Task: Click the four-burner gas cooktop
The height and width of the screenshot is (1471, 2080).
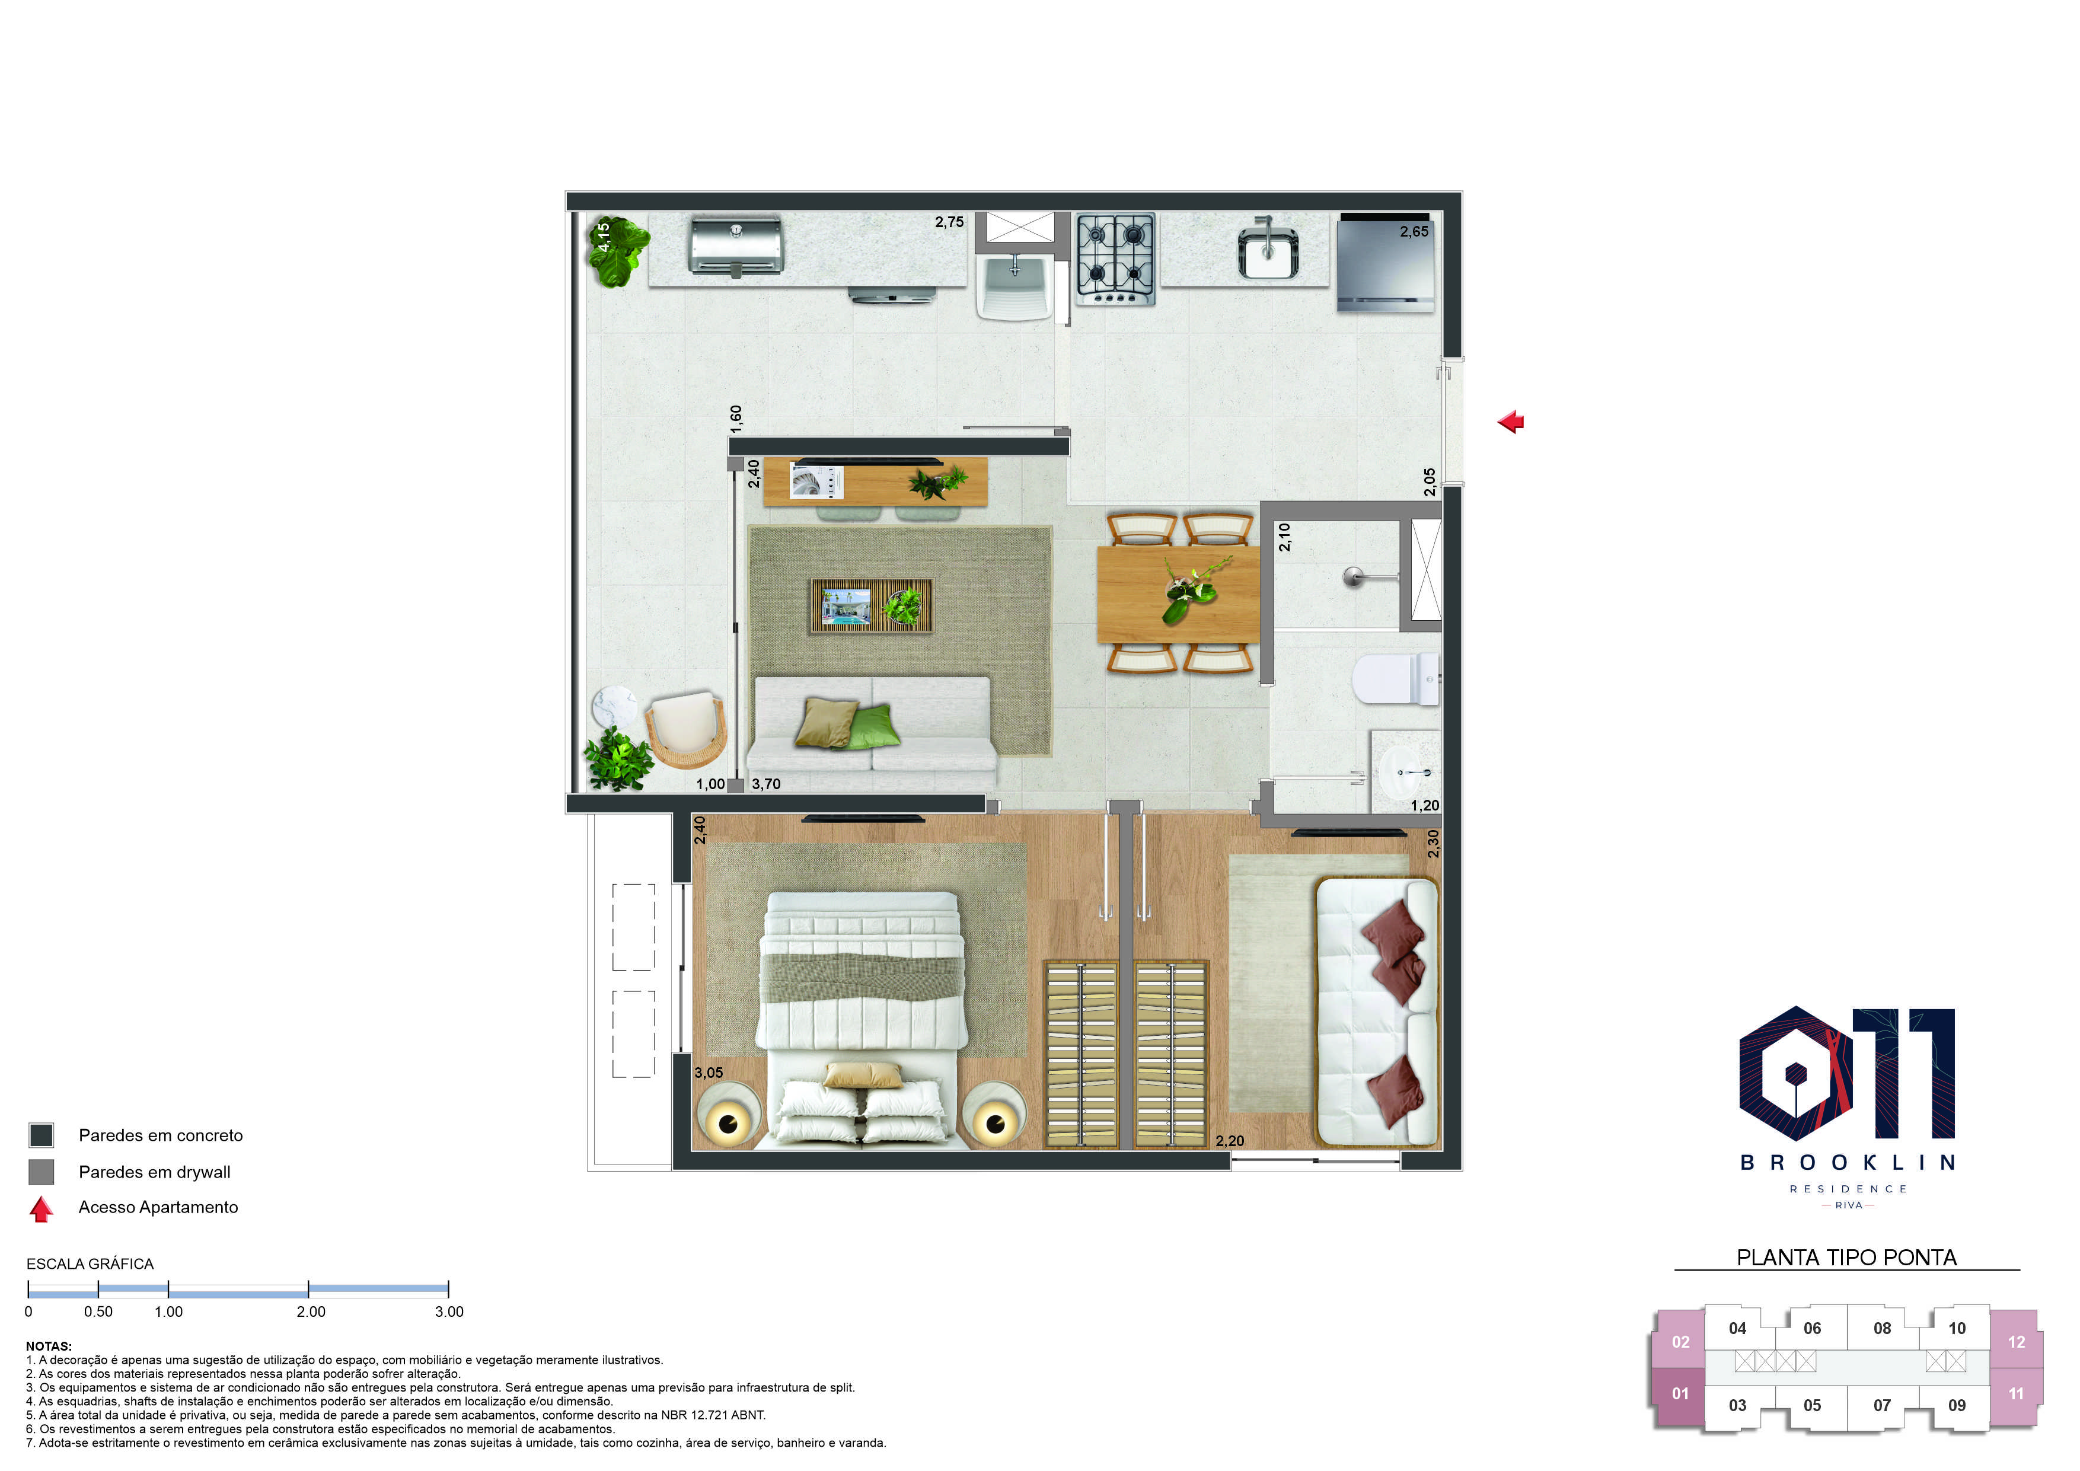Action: tap(1115, 259)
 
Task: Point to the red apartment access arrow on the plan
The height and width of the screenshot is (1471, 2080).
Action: tap(1510, 421)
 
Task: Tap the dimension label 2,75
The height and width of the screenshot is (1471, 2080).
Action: tap(949, 222)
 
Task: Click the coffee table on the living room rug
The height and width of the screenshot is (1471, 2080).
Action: tap(870, 606)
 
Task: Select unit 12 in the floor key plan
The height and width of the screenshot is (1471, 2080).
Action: tap(2016, 1342)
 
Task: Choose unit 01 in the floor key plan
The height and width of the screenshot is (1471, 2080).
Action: tap(1680, 1393)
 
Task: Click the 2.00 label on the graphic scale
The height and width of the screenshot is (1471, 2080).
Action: tap(311, 1312)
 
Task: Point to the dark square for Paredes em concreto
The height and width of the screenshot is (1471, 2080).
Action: tap(42, 1135)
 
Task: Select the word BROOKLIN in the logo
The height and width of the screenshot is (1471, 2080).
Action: tap(1848, 1162)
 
